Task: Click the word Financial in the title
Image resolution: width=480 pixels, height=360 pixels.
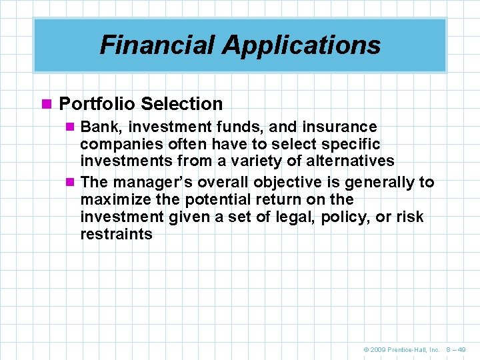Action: point(157,45)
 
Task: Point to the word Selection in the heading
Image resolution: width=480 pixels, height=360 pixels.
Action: point(182,104)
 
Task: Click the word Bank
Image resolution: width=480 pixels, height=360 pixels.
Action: point(97,127)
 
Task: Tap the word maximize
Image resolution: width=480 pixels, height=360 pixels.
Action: point(113,200)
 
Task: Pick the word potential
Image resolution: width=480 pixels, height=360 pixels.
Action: point(210,200)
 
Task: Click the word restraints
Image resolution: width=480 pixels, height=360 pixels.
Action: point(116,235)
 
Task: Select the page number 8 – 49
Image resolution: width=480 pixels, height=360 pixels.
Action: point(456,349)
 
